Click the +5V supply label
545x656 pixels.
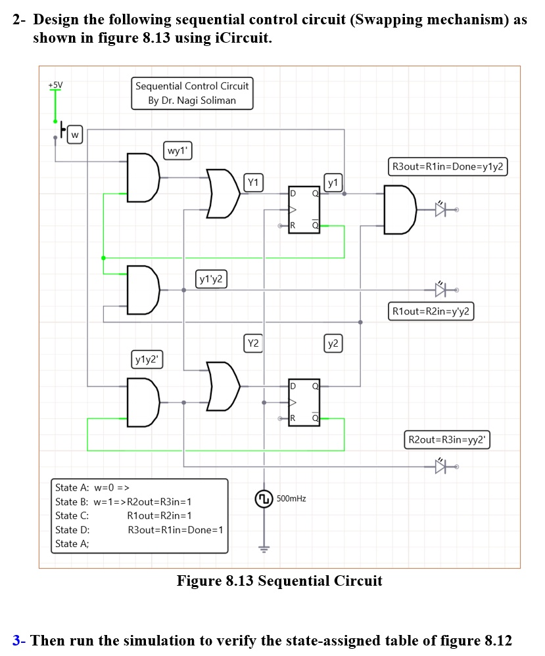[x=55, y=85]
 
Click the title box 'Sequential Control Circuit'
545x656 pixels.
[x=192, y=93]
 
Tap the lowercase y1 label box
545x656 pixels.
[x=334, y=182]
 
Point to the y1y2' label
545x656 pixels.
[x=149, y=359]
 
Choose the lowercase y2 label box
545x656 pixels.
[x=334, y=343]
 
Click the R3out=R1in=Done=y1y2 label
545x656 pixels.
[x=447, y=167]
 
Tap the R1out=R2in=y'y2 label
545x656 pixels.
[x=431, y=311]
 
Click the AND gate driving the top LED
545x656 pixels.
[x=399, y=209]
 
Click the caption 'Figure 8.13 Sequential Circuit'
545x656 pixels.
[x=279, y=580]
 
